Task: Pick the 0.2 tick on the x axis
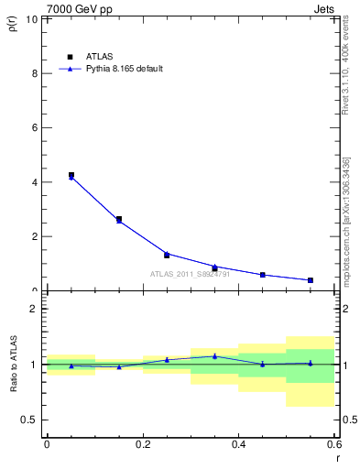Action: tap(143, 444)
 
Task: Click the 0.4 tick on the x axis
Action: tap(238, 444)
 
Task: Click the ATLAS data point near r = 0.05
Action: tap(71, 175)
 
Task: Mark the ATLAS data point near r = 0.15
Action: tap(119, 219)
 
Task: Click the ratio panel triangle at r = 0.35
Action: tap(214, 356)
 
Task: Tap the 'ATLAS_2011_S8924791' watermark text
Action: tap(189, 274)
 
